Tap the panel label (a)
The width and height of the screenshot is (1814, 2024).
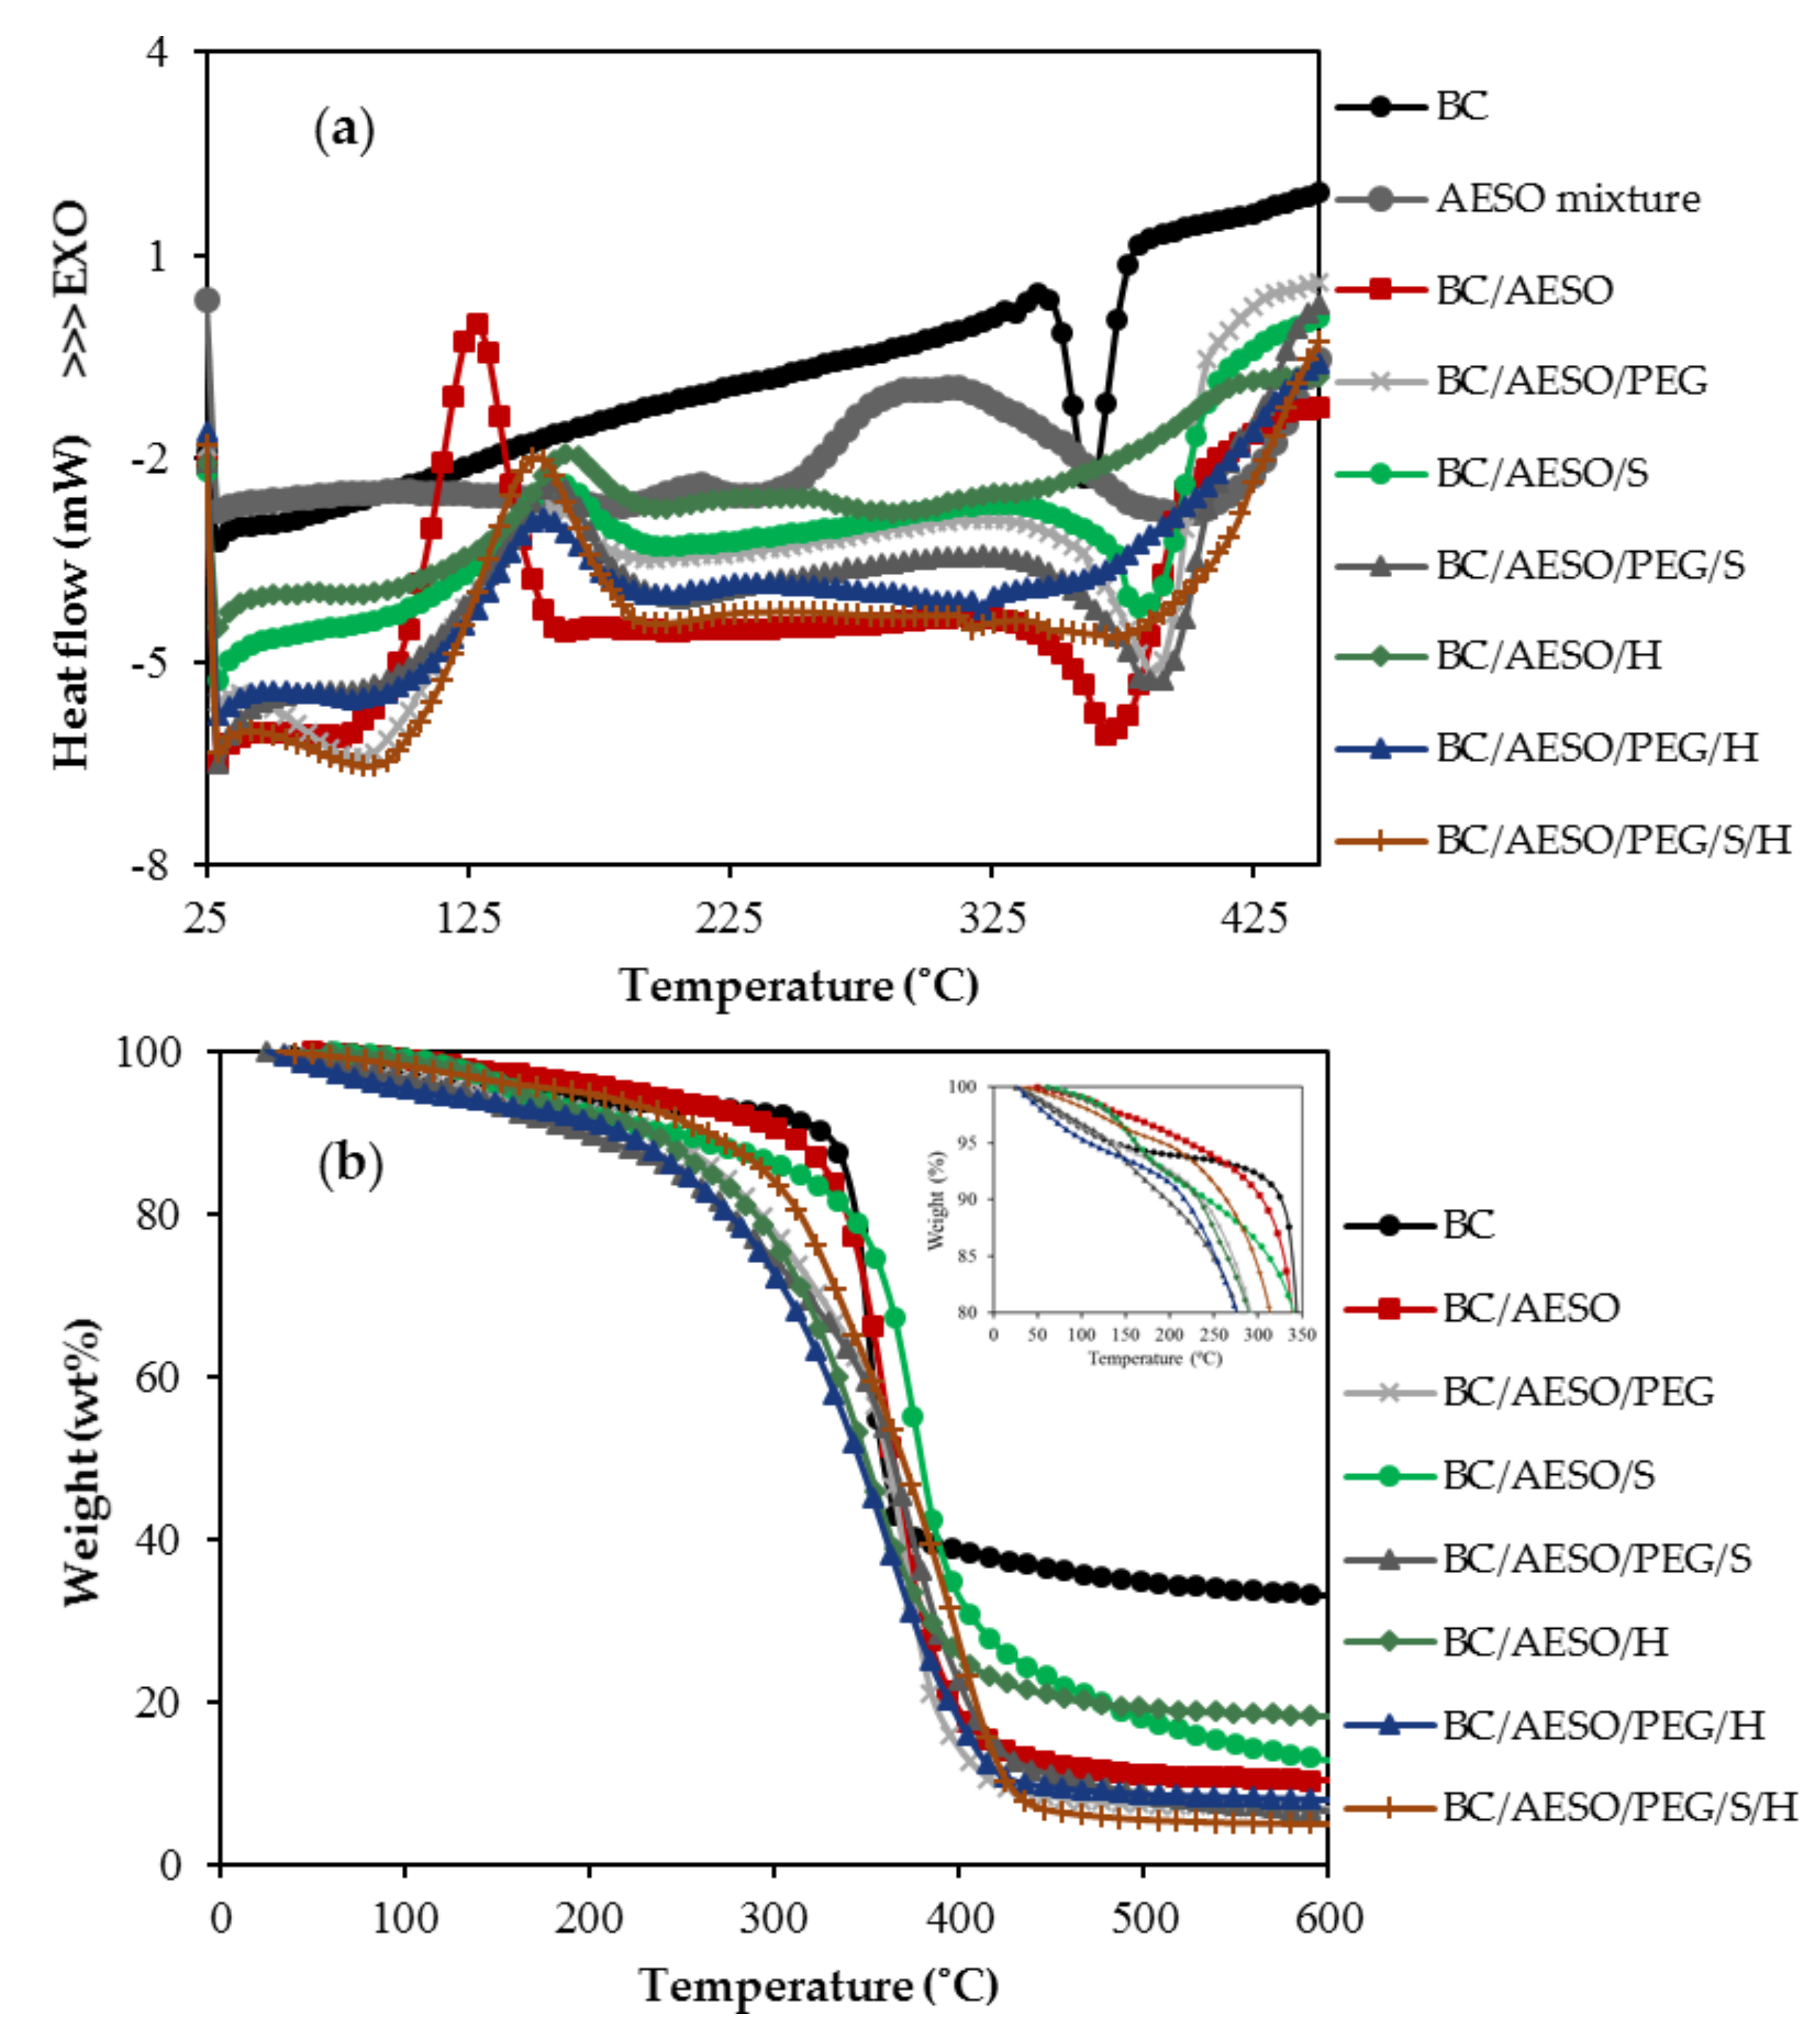pos(345,131)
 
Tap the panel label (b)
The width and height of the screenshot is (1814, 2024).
pos(350,1164)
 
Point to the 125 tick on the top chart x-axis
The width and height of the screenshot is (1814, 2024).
pos(468,915)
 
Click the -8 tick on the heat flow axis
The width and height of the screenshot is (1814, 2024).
pos(150,865)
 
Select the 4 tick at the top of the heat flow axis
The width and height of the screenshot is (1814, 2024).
pos(157,52)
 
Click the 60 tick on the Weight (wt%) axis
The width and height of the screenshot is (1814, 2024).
pos(159,1376)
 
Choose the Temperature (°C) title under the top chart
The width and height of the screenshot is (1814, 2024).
pos(798,985)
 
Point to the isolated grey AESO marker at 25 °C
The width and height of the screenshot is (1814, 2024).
pos(207,300)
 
